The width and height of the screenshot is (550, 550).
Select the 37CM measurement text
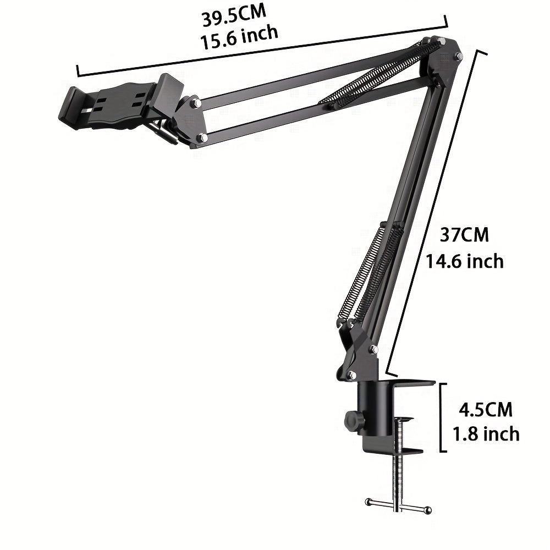pos(464,235)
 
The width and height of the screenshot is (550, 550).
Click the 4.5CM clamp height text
pos(485,410)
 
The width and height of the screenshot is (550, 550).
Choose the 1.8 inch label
pos(486,434)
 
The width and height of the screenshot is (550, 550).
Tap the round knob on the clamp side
pos(350,421)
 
